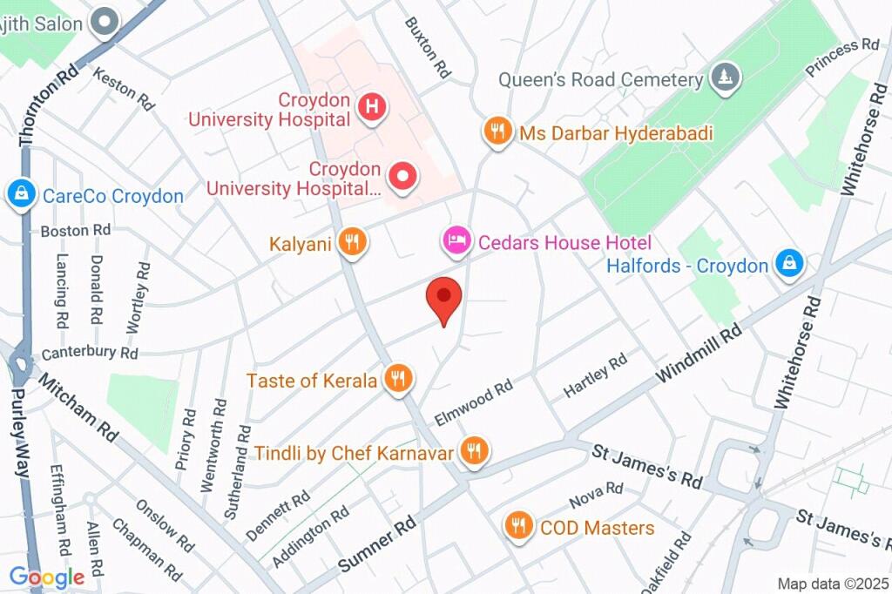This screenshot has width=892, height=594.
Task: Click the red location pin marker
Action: coord(443,299)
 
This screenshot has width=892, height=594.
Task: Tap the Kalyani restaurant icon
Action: coord(352,243)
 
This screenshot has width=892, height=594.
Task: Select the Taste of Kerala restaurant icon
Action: coord(399,379)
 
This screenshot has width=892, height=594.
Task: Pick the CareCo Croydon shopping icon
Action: coord(19,194)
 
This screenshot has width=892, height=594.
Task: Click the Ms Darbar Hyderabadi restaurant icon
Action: coord(497,132)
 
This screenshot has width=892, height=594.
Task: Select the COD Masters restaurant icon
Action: coord(519,526)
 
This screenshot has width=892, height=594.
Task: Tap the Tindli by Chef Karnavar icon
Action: coord(474,451)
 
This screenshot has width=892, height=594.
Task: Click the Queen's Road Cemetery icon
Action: coord(725,78)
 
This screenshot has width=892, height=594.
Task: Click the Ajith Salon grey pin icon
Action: coord(105,22)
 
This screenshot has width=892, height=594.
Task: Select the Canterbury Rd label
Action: coord(90,353)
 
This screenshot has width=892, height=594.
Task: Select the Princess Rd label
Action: coord(842,57)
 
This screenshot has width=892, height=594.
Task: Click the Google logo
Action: coord(46,577)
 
